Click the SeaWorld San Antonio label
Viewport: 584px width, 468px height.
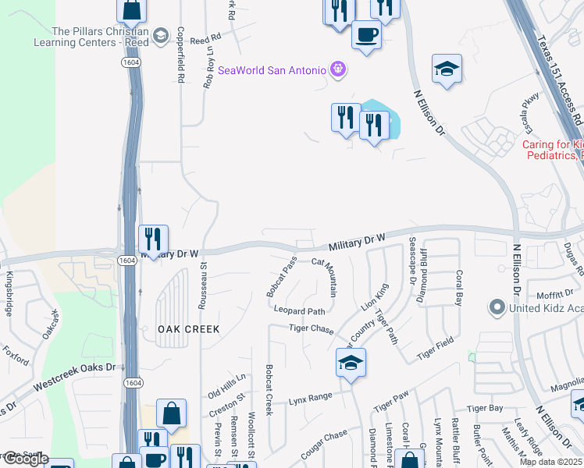(271, 70)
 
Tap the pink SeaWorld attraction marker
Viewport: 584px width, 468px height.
(337, 69)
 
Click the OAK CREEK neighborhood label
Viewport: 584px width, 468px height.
(188, 329)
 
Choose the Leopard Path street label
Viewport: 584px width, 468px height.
(299, 310)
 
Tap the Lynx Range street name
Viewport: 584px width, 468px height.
(311, 398)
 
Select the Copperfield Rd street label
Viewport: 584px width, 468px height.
(180, 55)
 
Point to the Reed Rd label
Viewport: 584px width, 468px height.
(205, 37)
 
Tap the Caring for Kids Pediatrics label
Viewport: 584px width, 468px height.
(553, 150)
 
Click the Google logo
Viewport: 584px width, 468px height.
(25, 459)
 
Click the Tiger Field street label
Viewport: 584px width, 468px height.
(435, 348)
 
